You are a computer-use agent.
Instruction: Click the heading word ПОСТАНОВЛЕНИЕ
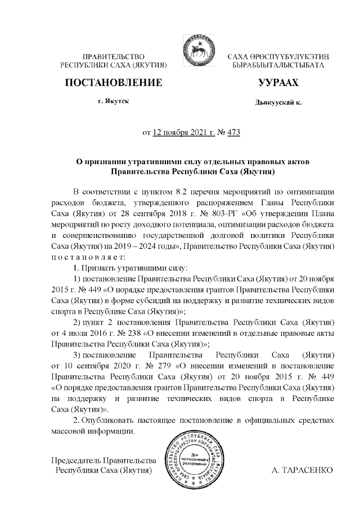coord(114,83)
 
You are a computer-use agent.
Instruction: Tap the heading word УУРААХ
coord(278,83)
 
